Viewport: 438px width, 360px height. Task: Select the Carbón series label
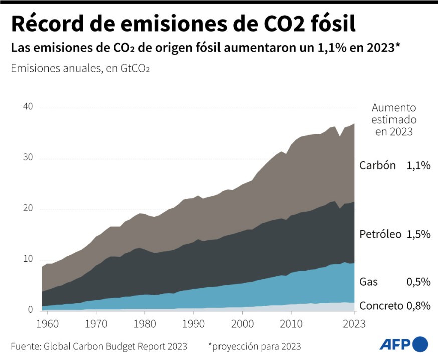coord(377,166)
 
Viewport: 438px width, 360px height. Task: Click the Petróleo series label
coord(380,234)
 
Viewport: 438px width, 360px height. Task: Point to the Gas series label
coord(368,282)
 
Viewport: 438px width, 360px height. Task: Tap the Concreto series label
coord(381,306)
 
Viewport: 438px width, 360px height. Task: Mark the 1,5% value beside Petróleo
coord(419,234)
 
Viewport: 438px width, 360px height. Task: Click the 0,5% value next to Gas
coord(419,282)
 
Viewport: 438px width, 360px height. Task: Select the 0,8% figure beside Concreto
coord(419,306)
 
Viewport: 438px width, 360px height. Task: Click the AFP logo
coord(403,344)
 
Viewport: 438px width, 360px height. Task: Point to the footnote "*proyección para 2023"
coord(255,346)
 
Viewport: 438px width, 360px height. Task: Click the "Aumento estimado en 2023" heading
coord(394,120)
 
